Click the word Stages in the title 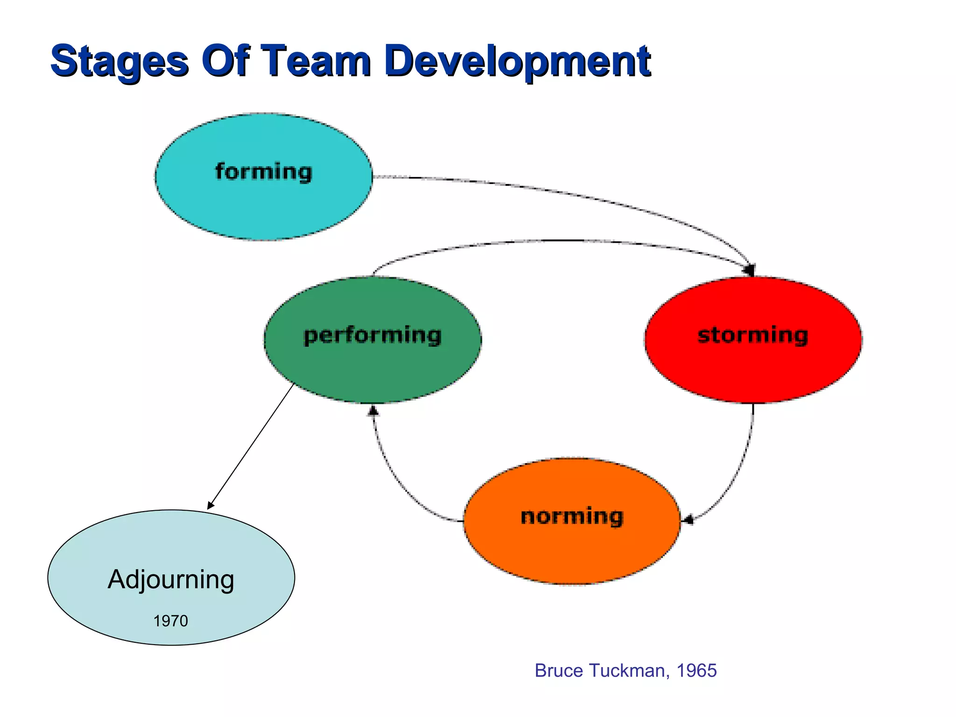[x=119, y=61]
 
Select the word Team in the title [x=317, y=61]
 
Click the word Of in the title [x=226, y=61]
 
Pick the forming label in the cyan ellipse [x=263, y=172]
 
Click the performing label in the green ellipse [x=373, y=335]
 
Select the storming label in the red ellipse [x=752, y=335]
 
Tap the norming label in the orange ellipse [x=572, y=516]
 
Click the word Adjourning [x=171, y=579]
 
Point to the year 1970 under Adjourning [x=170, y=621]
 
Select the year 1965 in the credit [x=696, y=670]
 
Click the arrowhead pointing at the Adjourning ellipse [x=211, y=505]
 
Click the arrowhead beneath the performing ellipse [x=373, y=411]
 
